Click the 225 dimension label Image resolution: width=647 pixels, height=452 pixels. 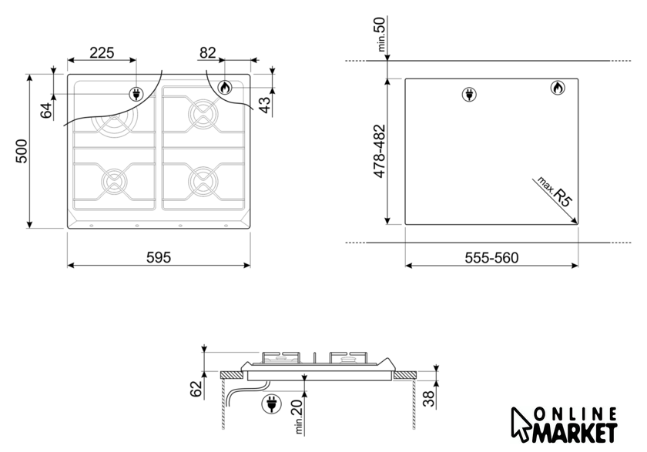point(102,53)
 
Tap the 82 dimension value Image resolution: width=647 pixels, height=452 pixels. point(207,53)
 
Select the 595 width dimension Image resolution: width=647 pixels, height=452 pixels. point(159,257)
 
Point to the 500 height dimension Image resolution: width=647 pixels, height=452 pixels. point(22,152)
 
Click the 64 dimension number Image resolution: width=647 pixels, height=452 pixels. point(46,111)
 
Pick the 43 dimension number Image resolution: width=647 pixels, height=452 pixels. point(265,105)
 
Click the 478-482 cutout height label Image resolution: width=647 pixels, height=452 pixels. point(379,152)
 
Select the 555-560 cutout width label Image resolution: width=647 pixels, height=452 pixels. point(491,258)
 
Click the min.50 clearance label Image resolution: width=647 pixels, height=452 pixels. point(380,34)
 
